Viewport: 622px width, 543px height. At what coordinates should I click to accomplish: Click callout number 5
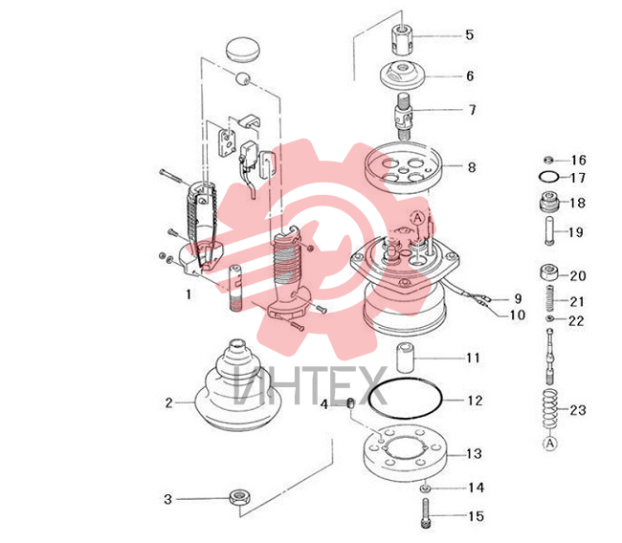pos(470,34)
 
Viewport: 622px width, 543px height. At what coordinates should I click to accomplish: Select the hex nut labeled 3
pos(239,497)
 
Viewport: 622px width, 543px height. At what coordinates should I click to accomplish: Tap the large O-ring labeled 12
pos(405,398)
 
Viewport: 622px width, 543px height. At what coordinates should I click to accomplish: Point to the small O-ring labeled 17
pos(549,177)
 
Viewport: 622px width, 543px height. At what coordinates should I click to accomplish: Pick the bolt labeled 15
pos(425,513)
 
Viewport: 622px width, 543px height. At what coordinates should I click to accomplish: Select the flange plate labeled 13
pos(406,453)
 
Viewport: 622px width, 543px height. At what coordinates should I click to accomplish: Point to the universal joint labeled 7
pos(404,116)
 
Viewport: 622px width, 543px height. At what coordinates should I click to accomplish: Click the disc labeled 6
pos(402,75)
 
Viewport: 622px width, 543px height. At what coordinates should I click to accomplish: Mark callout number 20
pos(578,275)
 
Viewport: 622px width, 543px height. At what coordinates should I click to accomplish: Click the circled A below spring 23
pos(550,444)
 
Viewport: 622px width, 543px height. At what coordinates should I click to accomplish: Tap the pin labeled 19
pos(549,230)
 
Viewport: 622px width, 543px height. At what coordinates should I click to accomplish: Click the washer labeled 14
pos(425,488)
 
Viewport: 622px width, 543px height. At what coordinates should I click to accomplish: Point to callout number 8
pos(471,167)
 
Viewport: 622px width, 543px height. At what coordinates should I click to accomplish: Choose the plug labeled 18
pos(549,201)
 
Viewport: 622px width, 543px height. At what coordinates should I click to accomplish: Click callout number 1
pos(189,294)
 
